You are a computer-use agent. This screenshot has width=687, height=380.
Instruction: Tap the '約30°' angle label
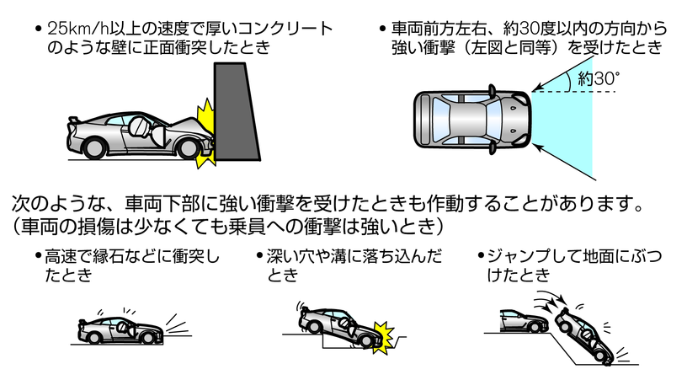tap(599, 80)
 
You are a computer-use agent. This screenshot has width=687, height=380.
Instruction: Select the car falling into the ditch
tap(341, 327)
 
